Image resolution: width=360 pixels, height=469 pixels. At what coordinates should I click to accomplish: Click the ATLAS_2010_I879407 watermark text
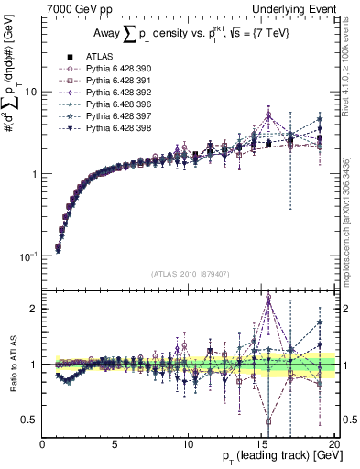point(191,273)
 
